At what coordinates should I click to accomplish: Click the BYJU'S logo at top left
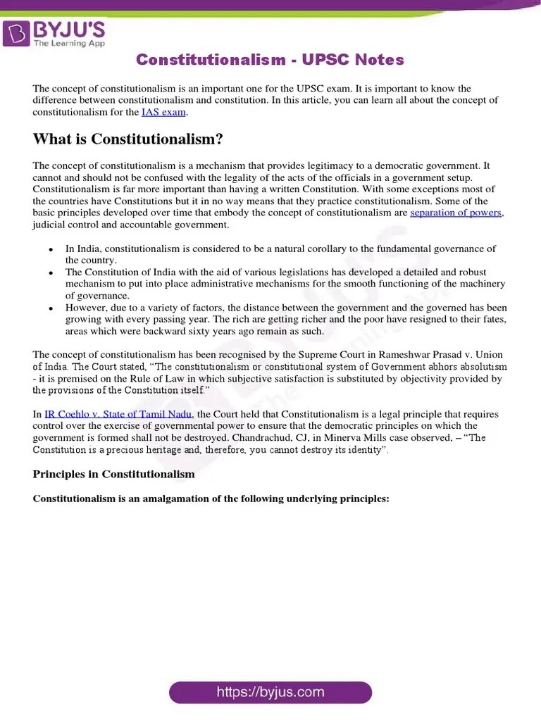point(54,33)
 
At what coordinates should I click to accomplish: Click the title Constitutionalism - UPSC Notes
point(270,60)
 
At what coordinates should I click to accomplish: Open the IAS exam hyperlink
point(164,112)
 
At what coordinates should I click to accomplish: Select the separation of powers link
point(456,213)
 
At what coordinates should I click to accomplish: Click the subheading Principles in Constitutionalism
point(113,475)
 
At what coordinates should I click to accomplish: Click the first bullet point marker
point(51,249)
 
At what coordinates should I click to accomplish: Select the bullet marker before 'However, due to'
point(51,308)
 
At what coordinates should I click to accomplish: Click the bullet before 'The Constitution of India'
point(51,272)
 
